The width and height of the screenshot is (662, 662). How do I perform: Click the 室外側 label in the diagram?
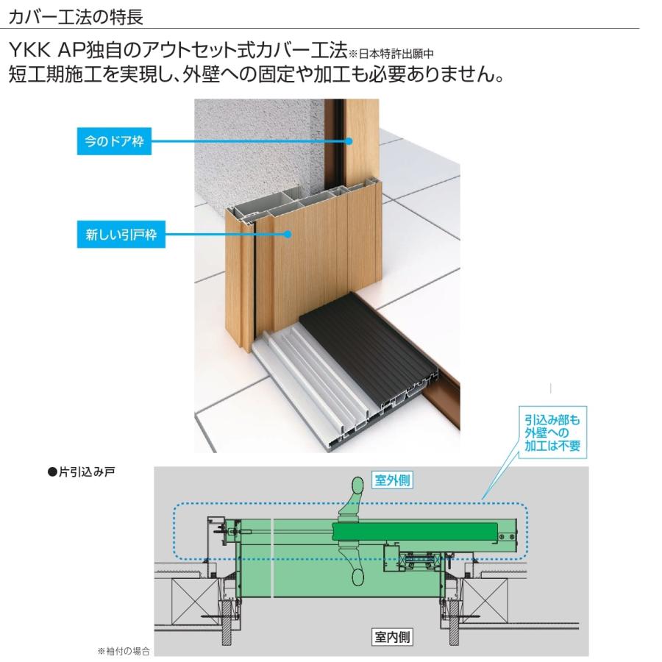(x=391, y=480)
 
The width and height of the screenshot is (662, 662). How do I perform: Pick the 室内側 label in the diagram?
(x=391, y=637)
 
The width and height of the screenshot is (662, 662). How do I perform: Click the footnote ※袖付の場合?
(x=123, y=652)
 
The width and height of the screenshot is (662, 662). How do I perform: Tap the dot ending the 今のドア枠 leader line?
(x=349, y=141)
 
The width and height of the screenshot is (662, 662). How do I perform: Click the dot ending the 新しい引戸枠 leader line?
(x=288, y=236)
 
